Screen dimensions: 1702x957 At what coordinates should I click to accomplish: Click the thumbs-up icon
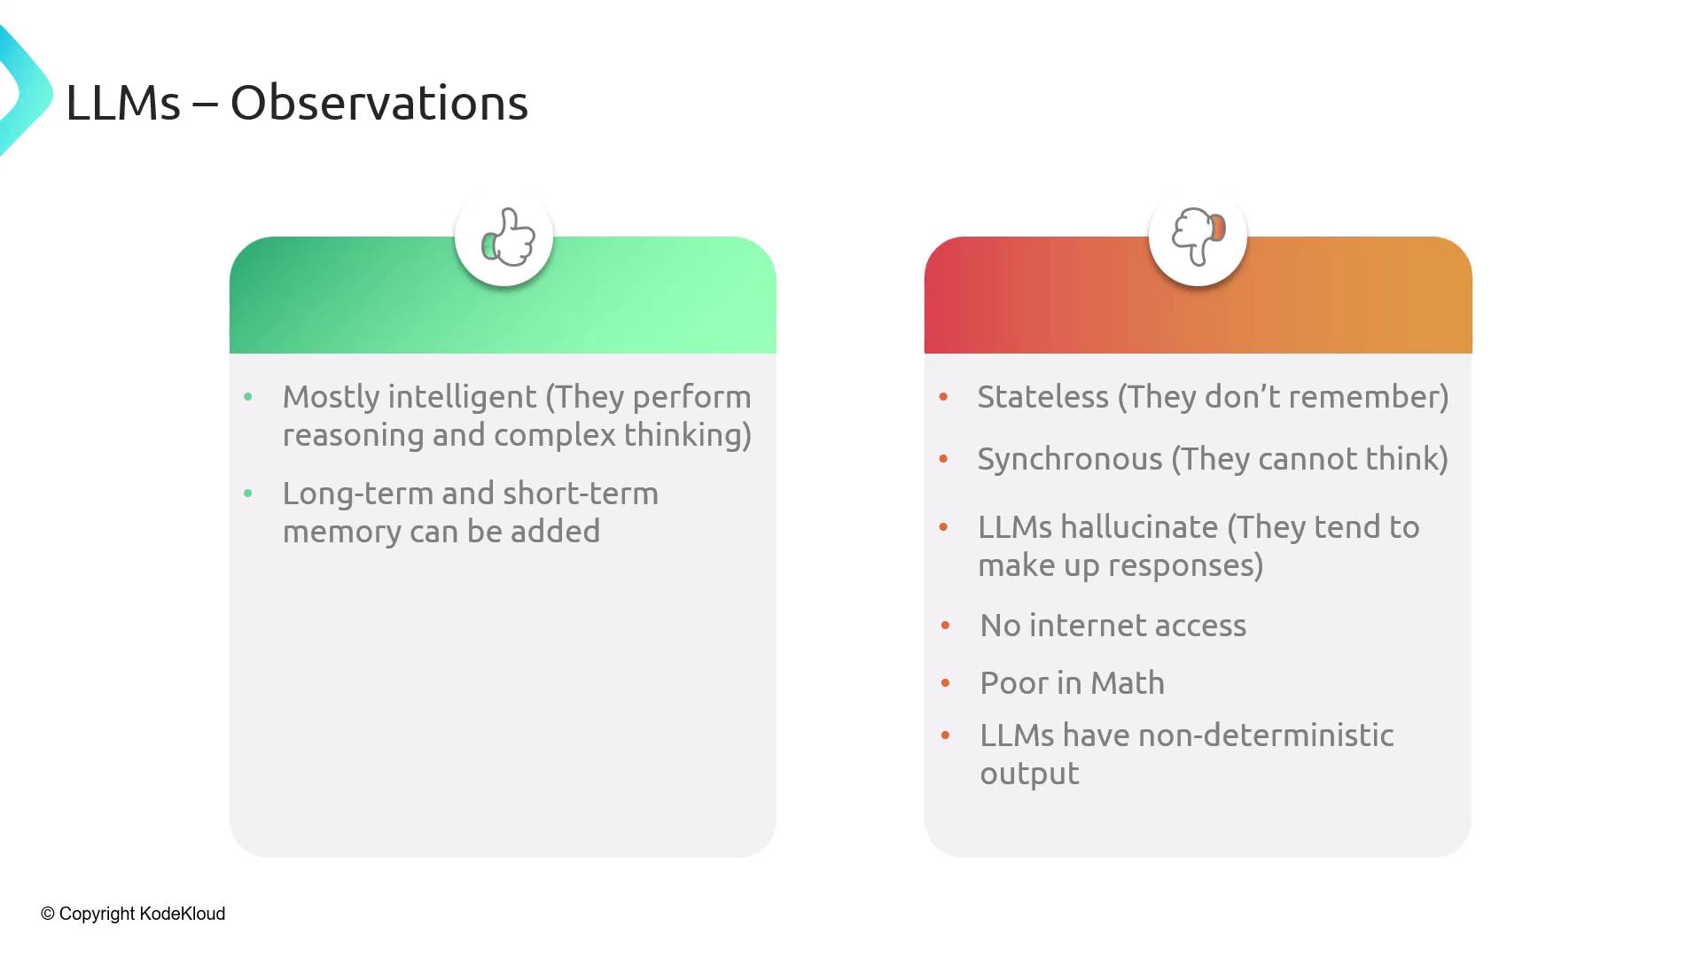pos(508,237)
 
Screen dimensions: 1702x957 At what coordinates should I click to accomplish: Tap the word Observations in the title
pos(379,103)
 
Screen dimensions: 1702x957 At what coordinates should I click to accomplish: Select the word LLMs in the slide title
pos(123,103)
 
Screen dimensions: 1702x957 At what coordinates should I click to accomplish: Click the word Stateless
pos(1042,397)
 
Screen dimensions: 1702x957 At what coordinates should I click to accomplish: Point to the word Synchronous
pos(1070,460)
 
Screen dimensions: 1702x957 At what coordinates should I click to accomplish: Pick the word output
pos(1029,774)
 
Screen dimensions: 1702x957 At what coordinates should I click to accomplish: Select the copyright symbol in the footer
pos(48,914)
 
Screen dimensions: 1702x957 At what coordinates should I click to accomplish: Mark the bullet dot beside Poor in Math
pos(946,683)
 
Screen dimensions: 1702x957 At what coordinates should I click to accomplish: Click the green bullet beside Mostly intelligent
pos(248,397)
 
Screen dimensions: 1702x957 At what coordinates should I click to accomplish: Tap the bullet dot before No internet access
pos(946,626)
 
